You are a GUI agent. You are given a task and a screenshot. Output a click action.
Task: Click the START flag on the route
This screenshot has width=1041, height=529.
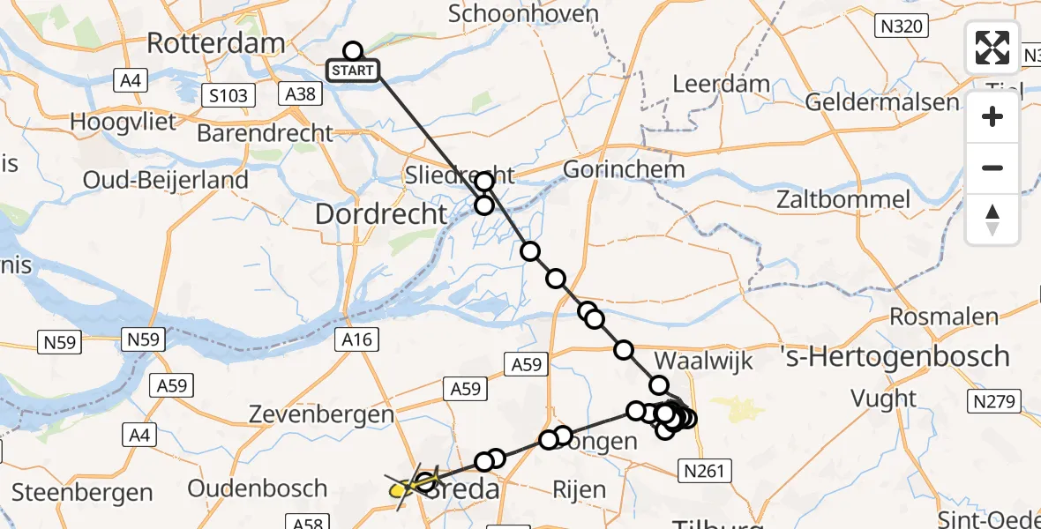tap(354, 71)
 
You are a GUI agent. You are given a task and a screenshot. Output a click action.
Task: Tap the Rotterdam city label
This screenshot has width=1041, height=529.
tap(216, 41)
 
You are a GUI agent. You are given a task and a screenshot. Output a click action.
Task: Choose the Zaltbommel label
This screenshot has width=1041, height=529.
tap(843, 199)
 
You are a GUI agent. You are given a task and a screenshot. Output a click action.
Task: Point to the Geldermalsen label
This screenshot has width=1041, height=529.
tap(882, 102)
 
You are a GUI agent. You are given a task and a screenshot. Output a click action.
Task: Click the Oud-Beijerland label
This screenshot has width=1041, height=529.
tap(166, 180)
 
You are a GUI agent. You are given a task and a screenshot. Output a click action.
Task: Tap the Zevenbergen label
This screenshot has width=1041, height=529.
tap(320, 414)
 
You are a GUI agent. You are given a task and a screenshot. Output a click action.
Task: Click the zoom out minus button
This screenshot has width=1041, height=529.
tap(992, 168)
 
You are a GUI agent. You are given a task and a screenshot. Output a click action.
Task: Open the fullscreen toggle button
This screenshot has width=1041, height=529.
tap(992, 48)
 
